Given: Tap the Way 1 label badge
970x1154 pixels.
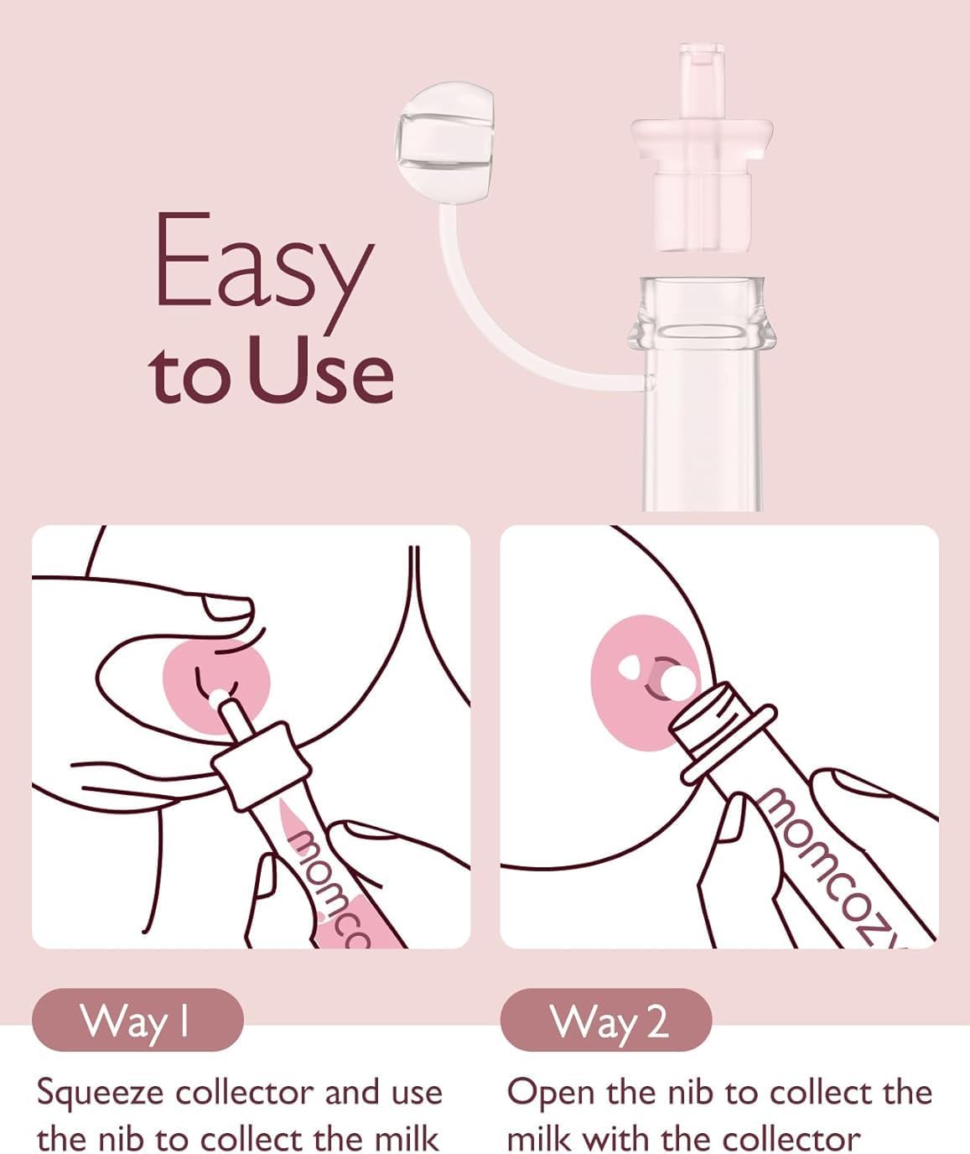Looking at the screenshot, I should coord(137,1020).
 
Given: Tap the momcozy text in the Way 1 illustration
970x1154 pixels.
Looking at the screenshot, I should coord(327,889).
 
